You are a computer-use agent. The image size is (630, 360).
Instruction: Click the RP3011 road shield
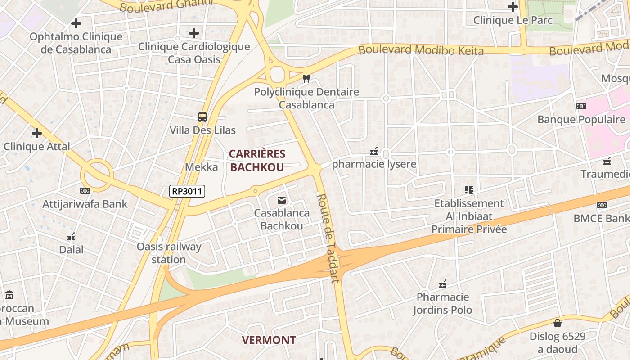tap(187, 191)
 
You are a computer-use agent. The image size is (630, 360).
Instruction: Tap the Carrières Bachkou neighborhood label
tap(257, 161)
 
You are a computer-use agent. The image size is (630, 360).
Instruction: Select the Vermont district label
tap(269, 340)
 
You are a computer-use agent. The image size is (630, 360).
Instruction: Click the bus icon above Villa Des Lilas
tap(202, 117)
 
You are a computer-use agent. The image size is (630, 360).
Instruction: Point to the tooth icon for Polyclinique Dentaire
tap(307, 78)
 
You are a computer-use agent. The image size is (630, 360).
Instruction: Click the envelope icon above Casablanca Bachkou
tap(282, 200)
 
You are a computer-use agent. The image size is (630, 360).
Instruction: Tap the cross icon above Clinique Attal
tap(37, 133)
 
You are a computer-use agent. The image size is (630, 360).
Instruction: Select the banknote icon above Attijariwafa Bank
tap(85, 191)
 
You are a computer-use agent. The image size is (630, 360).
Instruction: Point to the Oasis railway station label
tap(169, 253)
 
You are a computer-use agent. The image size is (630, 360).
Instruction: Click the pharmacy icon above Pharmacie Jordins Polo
tap(443, 284)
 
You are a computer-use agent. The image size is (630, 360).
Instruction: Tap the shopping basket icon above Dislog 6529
tap(557, 323)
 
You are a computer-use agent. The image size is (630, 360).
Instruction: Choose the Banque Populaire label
tap(581, 119)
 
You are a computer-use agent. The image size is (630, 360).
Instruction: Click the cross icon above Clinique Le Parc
tap(513, 7)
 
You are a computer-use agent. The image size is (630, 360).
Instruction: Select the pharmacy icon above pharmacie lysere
tap(374, 151)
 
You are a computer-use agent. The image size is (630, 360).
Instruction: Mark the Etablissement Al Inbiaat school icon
tap(469, 190)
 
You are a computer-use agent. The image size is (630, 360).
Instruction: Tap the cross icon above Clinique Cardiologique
tap(194, 33)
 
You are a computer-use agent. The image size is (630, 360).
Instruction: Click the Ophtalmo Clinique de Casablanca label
tap(76, 43)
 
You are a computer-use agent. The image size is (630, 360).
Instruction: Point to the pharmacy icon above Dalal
tap(71, 236)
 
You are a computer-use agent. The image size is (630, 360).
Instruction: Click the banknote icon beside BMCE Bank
tap(602, 205)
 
